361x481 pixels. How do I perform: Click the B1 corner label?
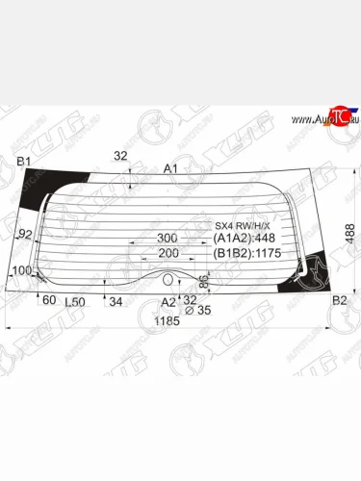[24, 160]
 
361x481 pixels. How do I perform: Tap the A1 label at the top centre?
[171, 169]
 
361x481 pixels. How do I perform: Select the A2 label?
[168, 301]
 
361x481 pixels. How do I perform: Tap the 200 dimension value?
[168, 254]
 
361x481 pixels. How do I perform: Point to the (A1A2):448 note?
[245, 240]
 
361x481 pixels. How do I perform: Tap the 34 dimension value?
[116, 302]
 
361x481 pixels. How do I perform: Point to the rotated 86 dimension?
[204, 282]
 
